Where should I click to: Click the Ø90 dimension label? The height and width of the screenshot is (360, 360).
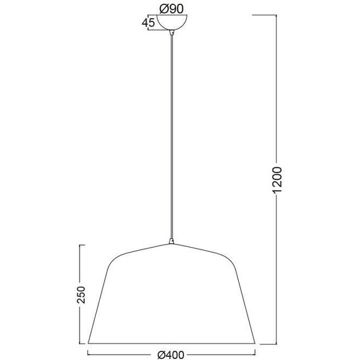(x=172, y=9)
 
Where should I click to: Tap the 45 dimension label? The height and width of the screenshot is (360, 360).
(x=148, y=23)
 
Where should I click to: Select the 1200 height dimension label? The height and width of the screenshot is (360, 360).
(x=277, y=180)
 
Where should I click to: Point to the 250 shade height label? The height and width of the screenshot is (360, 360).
(x=81, y=294)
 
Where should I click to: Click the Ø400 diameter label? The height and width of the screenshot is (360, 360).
(x=171, y=355)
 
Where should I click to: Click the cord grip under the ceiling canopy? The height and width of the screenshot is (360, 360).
(x=172, y=33)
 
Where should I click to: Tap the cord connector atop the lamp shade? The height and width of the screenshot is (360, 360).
(x=171, y=241)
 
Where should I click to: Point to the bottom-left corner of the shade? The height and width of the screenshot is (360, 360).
(x=88, y=344)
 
